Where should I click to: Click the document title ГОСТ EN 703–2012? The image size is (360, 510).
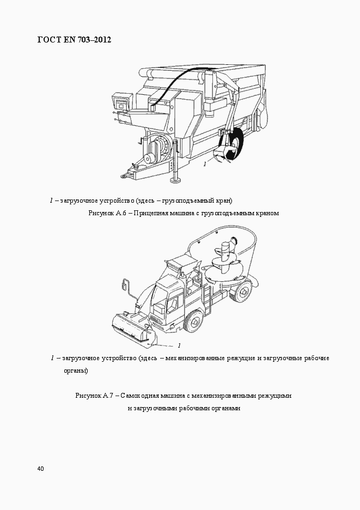click(x=74, y=40)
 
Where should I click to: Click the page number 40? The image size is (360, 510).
click(x=41, y=469)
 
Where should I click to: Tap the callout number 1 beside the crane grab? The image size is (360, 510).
click(x=205, y=163)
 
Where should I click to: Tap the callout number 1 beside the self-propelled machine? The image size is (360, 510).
click(x=179, y=345)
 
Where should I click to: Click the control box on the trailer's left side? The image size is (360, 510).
click(x=120, y=102)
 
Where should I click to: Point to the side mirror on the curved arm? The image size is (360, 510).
click(x=125, y=284)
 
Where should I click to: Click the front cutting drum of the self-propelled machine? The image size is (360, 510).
click(x=131, y=329)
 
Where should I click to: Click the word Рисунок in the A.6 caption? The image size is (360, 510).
click(x=100, y=214)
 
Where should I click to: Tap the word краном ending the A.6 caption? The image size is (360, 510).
click(x=266, y=214)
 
